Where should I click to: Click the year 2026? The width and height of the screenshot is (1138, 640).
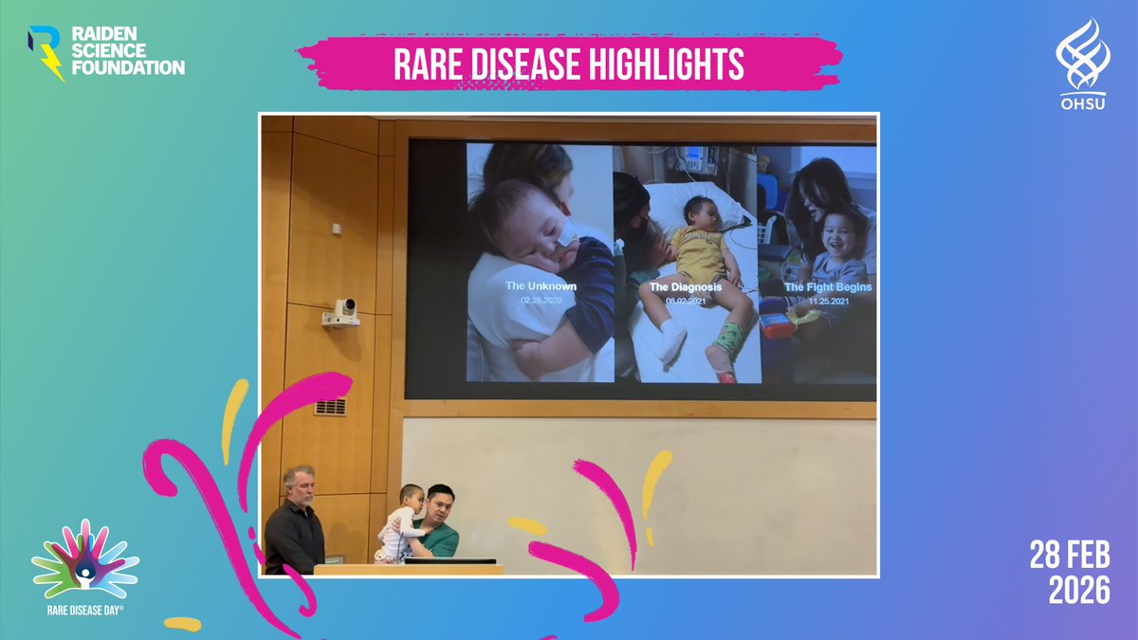(x=1078, y=591)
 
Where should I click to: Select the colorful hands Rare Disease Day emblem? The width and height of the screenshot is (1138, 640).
(x=84, y=559)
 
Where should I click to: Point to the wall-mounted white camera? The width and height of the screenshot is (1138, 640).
(x=342, y=312)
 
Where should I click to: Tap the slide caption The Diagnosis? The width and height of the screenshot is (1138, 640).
(x=685, y=286)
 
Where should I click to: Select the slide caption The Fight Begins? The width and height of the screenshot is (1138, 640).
(x=827, y=286)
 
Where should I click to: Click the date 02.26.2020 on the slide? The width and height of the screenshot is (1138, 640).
(x=542, y=300)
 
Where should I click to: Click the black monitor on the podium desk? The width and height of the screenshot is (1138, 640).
(x=450, y=560)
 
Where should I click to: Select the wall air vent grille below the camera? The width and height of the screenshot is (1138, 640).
(x=329, y=407)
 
